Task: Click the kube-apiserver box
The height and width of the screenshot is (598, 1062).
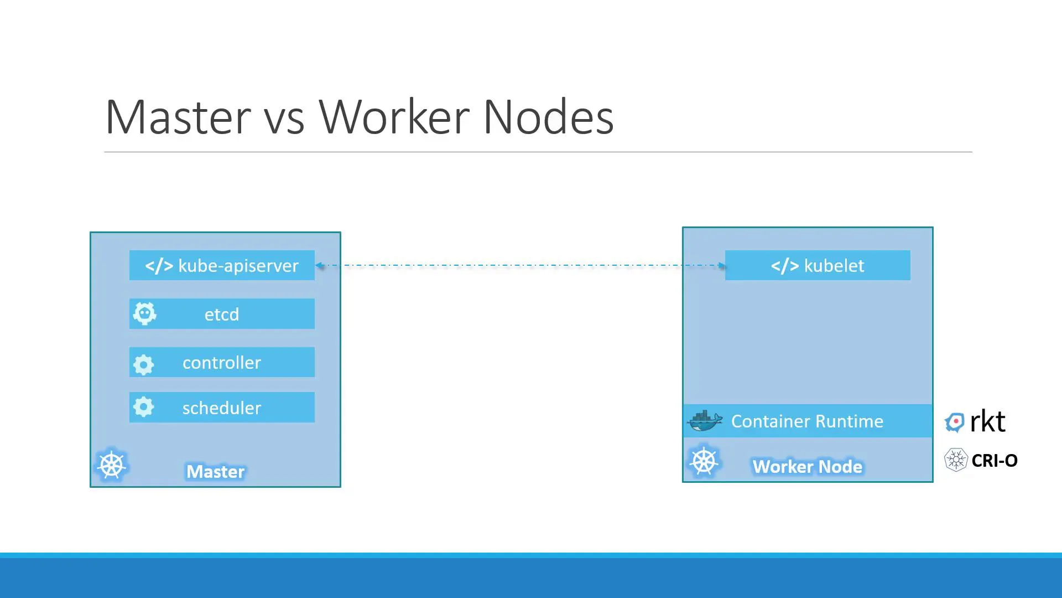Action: tap(222, 265)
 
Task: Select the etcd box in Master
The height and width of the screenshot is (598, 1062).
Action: tap(222, 314)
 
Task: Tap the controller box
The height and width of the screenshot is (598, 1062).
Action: tap(222, 362)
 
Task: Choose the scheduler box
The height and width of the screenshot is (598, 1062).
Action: tap(222, 408)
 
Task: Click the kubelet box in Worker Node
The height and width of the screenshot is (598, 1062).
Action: tap(818, 265)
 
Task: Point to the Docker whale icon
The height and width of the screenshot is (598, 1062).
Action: tap(704, 421)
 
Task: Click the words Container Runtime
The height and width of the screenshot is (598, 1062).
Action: tap(807, 421)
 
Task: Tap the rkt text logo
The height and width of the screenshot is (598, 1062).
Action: tap(987, 422)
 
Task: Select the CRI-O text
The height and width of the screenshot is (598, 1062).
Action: tap(994, 461)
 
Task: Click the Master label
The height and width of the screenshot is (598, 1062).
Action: tap(215, 472)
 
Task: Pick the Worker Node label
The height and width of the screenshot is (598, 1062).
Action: tap(807, 467)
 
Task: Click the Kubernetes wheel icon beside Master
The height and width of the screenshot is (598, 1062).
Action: tap(112, 465)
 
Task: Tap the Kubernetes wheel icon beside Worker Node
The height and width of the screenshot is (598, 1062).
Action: tap(704, 461)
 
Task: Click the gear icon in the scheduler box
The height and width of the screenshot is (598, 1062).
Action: tap(144, 408)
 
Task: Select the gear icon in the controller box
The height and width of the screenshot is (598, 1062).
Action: tap(144, 364)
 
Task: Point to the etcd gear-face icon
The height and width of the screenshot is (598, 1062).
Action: tap(145, 314)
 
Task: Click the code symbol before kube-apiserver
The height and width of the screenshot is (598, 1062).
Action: tap(159, 266)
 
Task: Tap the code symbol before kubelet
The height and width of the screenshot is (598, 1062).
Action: tap(785, 266)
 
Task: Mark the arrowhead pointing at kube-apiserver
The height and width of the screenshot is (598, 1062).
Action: tap(320, 265)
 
